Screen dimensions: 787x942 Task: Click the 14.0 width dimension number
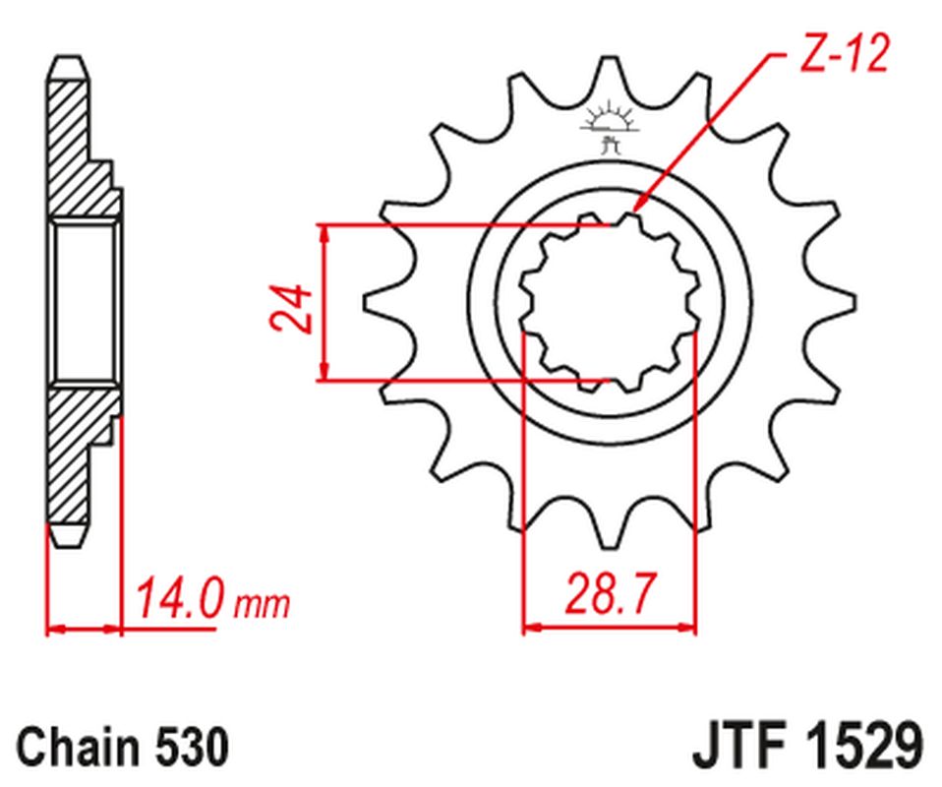click(x=180, y=599)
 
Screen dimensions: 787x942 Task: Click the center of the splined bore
click(x=609, y=302)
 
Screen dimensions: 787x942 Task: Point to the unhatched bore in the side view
click(x=84, y=302)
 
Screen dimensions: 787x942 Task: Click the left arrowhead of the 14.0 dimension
click(x=51, y=627)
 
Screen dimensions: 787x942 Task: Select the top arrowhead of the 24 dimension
click(x=324, y=229)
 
